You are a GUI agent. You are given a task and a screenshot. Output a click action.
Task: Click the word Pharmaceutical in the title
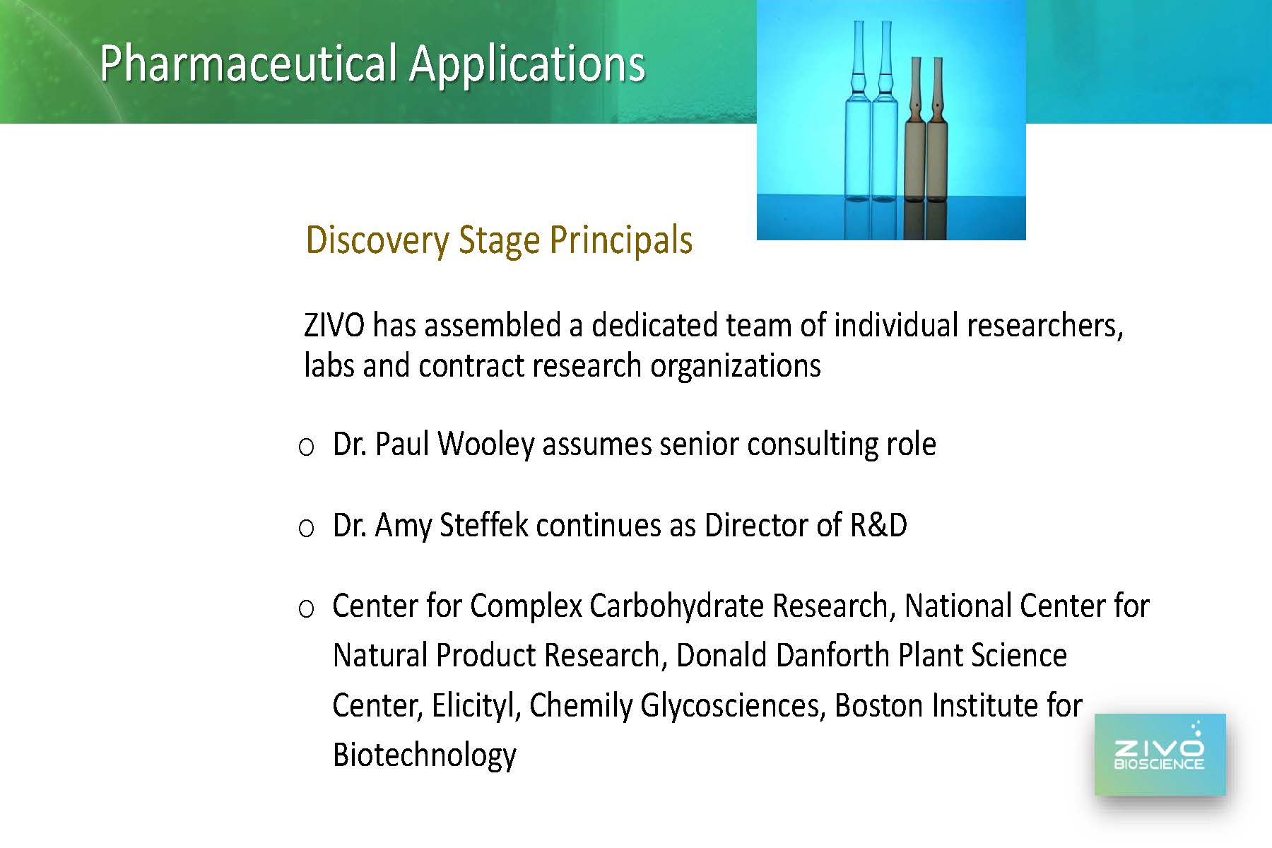pos(248,64)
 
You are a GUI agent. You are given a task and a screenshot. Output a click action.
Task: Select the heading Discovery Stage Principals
pos(499,240)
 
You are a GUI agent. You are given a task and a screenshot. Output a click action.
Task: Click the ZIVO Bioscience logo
pos(1160,755)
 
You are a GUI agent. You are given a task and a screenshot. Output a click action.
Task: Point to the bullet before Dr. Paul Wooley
pos(306,447)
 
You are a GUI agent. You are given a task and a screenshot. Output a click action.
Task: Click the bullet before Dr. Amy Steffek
pos(306,529)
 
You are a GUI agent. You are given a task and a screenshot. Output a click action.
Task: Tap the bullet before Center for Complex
pos(306,609)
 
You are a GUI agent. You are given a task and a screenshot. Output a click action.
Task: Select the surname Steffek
pos(484,525)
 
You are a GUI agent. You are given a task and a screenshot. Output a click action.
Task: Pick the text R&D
pos(878,525)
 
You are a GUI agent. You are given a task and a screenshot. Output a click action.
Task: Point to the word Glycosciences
pos(733,706)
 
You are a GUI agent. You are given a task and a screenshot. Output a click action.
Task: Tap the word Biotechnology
pos(424,755)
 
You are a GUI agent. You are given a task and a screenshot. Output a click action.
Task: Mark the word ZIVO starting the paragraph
pos(334,326)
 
